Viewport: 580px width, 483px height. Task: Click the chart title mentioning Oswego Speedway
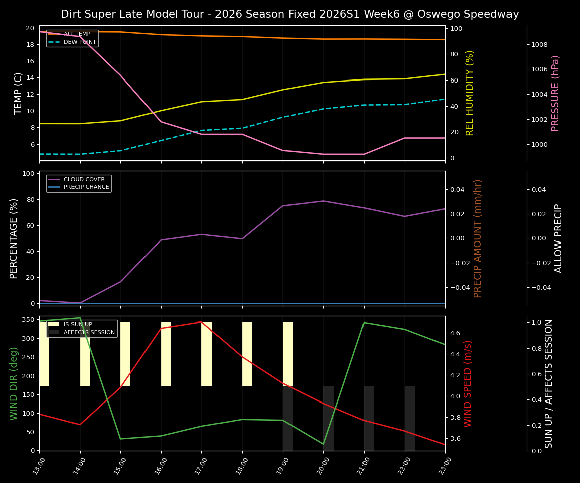[289, 14]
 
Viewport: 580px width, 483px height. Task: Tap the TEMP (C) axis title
[18, 93]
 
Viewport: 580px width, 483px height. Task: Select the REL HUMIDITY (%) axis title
[470, 93]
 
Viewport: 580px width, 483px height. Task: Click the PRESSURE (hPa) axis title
[555, 93]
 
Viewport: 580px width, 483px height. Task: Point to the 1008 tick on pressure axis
[540, 45]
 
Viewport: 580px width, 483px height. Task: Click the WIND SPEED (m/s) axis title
[468, 383]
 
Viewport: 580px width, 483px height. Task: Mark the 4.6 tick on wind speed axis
[455, 333]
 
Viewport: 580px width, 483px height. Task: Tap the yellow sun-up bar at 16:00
[166, 354]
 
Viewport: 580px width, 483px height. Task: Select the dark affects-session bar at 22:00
[410, 419]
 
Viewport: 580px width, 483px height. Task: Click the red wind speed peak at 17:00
[201, 322]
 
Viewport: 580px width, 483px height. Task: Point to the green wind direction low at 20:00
[323, 444]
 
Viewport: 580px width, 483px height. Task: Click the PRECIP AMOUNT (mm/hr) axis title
[478, 238]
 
